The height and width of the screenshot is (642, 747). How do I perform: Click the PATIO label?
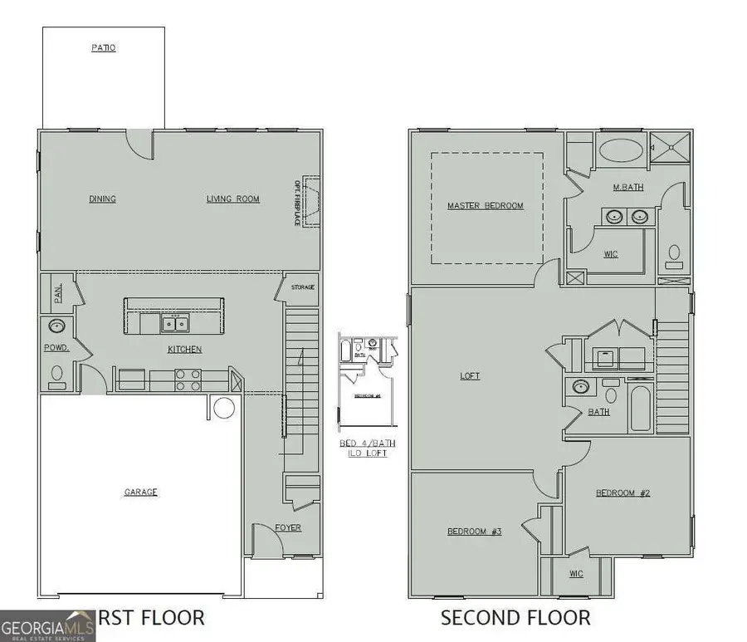pyautogui.click(x=104, y=48)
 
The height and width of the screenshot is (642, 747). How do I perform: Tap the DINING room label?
pyautogui.click(x=102, y=199)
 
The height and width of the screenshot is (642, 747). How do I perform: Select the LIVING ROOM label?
pyautogui.click(x=233, y=199)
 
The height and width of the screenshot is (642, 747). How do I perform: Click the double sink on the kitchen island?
pyautogui.click(x=174, y=322)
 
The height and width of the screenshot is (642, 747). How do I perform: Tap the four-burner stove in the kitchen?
pyautogui.click(x=188, y=380)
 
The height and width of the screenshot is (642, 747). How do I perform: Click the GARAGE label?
pyautogui.click(x=141, y=493)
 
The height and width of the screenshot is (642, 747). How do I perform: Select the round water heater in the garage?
pyautogui.click(x=224, y=408)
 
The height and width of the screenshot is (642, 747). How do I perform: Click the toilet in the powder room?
pyautogui.click(x=57, y=375)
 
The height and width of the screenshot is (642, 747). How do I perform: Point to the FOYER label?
pyautogui.click(x=288, y=528)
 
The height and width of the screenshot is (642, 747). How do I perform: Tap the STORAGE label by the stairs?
pyautogui.click(x=302, y=287)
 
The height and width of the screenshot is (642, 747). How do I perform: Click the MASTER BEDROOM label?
pyautogui.click(x=486, y=206)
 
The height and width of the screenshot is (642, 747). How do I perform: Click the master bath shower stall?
pyautogui.click(x=668, y=148)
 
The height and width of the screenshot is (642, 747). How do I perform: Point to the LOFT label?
pyautogui.click(x=470, y=376)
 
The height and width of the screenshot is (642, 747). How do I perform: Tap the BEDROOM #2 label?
pyautogui.click(x=622, y=493)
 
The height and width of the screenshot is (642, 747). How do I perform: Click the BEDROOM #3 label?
pyautogui.click(x=474, y=532)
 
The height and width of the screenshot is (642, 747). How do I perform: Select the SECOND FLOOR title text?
pyautogui.click(x=515, y=618)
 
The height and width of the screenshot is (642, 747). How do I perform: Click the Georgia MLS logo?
pyautogui.click(x=47, y=625)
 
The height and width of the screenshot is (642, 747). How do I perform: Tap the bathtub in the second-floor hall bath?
pyautogui.click(x=640, y=407)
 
